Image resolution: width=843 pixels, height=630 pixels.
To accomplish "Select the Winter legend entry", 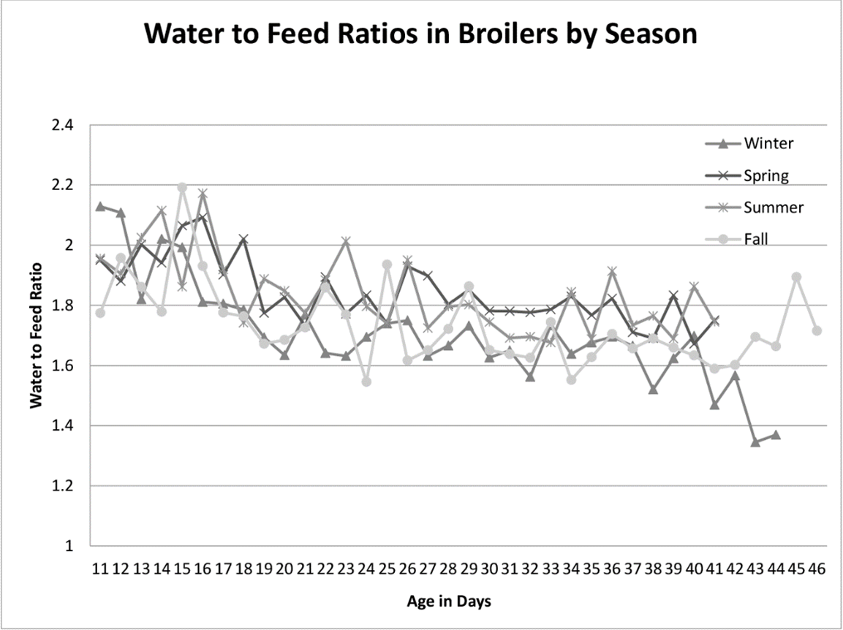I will pyautogui.click(x=768, y=143).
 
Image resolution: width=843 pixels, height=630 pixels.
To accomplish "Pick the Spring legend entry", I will pyautogui.click(x=767, y=175).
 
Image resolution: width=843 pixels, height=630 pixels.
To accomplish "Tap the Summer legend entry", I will pyautogui.click(x=772, y=208).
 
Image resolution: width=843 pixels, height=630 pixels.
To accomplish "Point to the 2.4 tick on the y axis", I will pyautogui.click(x=64, y=125).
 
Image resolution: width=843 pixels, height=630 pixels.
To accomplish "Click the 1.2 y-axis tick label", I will pyautogui.click(x=64, y=486).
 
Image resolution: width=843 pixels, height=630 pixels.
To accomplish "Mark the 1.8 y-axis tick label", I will pyautogui.click(x=64, y=305).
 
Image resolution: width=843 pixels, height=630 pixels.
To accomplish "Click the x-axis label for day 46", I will pyautogui.click(x=817, y=569).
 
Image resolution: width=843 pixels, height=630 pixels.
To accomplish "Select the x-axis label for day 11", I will pyautogui.click(x=100, y=569).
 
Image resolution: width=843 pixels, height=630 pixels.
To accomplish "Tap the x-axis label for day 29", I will pyautogui.click(x=469, y=569).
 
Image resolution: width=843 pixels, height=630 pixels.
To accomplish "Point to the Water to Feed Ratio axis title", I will pyautogui.click(x=36, y=335).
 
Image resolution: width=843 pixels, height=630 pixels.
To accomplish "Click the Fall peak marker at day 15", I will pyautogui.click(x=182, y=188).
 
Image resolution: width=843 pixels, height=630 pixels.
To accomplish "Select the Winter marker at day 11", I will pyautogui.click(x=100, y=206).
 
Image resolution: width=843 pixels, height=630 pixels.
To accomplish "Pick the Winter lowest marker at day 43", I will pyautogui.click(x=755, y=442).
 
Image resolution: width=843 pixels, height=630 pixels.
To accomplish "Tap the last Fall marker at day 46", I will pyautogui.click(x=817, y=330).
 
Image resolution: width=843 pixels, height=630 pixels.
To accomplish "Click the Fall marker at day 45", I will pyautogui.click(x=796, y=277).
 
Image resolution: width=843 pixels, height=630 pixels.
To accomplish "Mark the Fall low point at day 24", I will pyautogui.click(x=366, y=382).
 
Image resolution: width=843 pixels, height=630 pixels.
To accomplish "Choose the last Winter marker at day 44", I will pyautogui.click(x=776, y=435).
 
